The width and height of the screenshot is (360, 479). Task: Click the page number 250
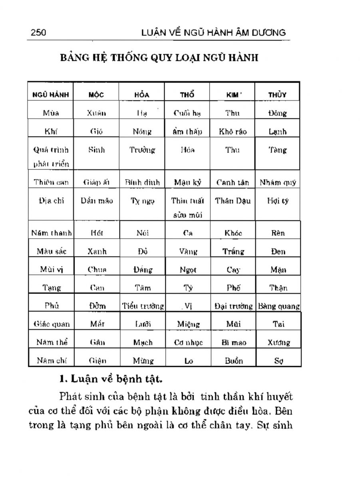click(38, 33)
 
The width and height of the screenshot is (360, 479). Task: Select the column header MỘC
click(96, 95)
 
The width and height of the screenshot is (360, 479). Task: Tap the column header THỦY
click(278, 95)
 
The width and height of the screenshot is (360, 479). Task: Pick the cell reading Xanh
click(97, 252)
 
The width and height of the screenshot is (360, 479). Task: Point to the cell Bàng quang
click(278, 307)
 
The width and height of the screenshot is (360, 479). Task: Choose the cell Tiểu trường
click(143, 307)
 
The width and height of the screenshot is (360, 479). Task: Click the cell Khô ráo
click(233, 131)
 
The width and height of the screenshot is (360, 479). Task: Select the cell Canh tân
click(233, 183)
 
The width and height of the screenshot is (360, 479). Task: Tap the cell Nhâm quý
click(278, 183)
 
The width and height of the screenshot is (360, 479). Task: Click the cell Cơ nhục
click(188, 342)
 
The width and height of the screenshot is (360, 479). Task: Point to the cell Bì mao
click(233, 342)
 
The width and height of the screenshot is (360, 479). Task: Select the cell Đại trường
click(233, 307)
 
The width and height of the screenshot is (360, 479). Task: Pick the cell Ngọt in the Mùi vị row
click(188, 270)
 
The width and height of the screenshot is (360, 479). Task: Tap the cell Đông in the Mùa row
click(278, 113)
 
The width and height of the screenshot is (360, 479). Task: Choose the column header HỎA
click(142, 95)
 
